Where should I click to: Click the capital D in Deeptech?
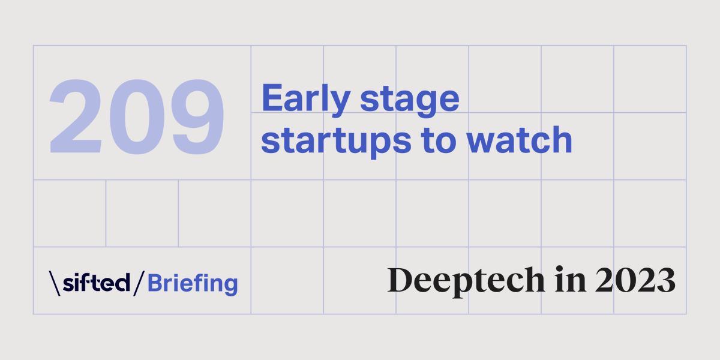coord(401,280)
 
